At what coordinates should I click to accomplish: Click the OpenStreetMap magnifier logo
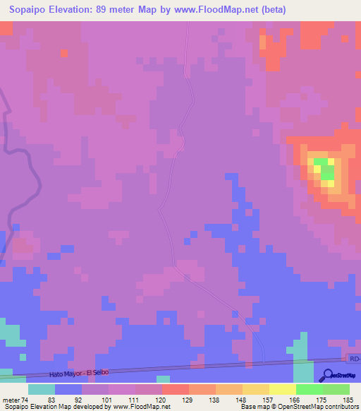[x=329, y=374]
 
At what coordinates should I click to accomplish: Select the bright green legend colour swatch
[x=309, y=389]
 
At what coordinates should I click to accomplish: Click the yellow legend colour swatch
[x=282, y=389]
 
